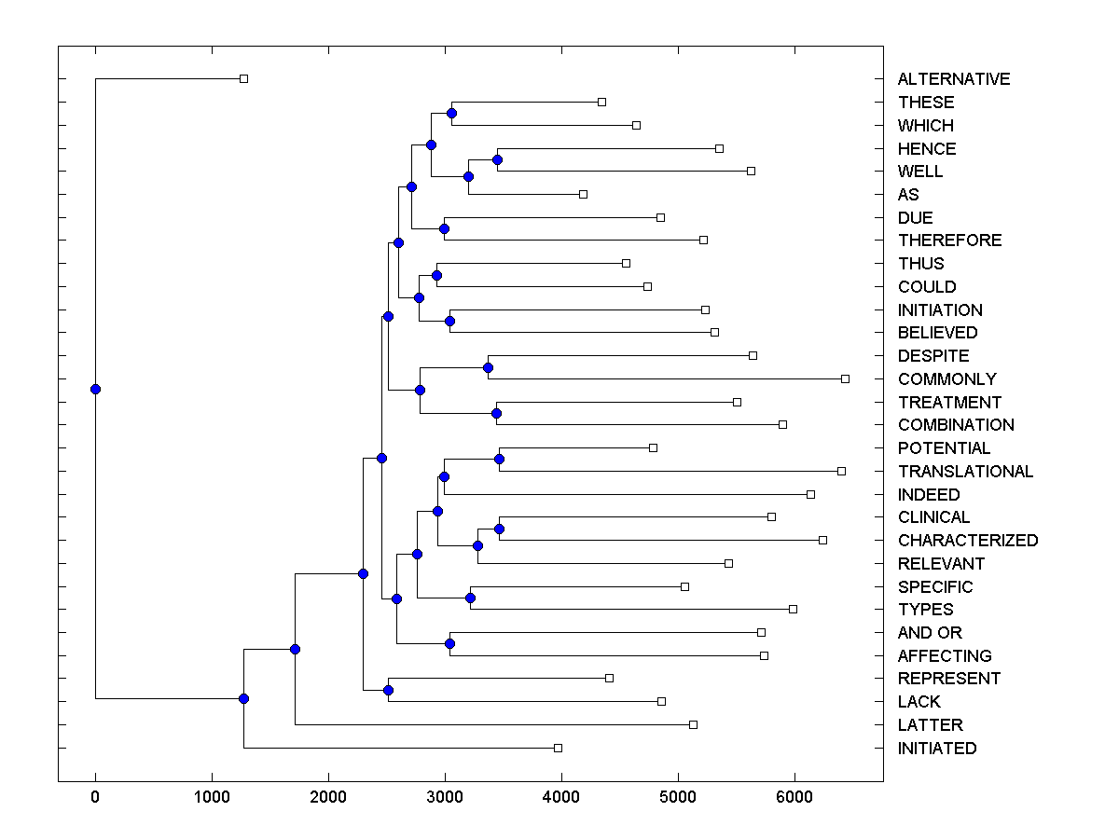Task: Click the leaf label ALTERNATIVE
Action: click(953, 79)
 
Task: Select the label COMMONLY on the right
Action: click(946, 379)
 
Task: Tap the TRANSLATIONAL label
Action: click(965, 472)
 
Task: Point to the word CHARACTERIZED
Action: click(967, 541)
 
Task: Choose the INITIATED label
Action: click(936, 749)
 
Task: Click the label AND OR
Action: click(930, 633)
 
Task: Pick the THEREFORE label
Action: click(949, 241)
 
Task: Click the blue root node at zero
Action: click(95, 389)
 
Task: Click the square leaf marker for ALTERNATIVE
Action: click(243, 79)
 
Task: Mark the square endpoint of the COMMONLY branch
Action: click(845, 378)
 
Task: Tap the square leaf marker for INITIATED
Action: click(558, 748)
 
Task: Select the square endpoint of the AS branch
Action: click(583, 194)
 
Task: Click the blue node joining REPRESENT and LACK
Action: click(388, 690)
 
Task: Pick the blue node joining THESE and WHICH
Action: click(451, 113)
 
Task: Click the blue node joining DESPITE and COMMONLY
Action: click(488, 367)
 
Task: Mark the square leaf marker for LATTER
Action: click(693, 724)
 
